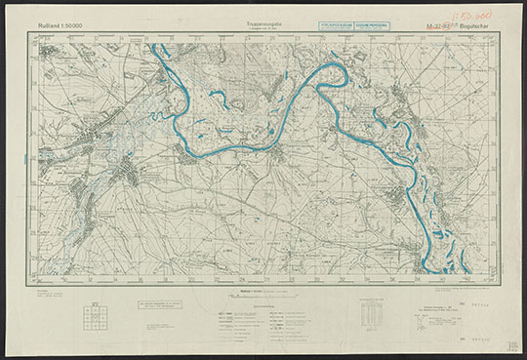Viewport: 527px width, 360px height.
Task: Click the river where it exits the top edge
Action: (x=156, y=46)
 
